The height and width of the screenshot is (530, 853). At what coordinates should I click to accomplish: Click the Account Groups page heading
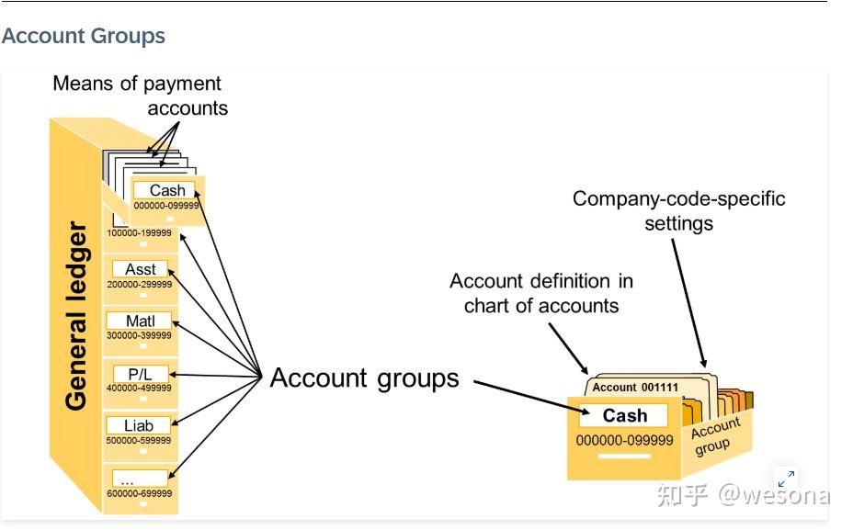pos(84,36)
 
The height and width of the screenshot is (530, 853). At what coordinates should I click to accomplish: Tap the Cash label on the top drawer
pos(167,190)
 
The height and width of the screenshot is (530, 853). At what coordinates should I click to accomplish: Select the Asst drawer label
pos(140,269)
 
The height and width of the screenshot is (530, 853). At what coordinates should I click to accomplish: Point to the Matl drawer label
pos(140,321)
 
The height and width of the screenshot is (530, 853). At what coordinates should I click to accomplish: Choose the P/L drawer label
pos(140,374)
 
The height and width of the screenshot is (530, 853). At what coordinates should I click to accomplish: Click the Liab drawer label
pos(138,425)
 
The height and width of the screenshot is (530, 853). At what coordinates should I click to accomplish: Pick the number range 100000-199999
pos(140,232)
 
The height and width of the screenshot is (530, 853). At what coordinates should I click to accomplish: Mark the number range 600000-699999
pos(140,493)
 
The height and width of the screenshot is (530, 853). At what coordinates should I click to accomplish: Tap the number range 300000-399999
pos(140,335)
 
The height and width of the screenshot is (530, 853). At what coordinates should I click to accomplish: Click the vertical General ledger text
pos(76,315)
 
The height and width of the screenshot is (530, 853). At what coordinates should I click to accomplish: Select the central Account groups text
pos(365,378)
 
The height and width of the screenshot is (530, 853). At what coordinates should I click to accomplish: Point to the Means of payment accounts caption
pos(141,96)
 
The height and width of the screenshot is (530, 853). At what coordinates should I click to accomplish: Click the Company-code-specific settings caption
pos(679,211)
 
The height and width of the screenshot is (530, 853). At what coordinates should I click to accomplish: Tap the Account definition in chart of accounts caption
pos(541,294)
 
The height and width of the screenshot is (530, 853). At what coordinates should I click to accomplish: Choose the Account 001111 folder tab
pos(635,387)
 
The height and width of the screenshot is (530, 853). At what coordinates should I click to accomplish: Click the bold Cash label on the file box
pos(625,415)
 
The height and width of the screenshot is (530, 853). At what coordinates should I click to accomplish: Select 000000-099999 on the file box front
pos(624,440)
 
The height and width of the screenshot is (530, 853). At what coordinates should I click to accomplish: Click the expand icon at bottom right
pos(787,479)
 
